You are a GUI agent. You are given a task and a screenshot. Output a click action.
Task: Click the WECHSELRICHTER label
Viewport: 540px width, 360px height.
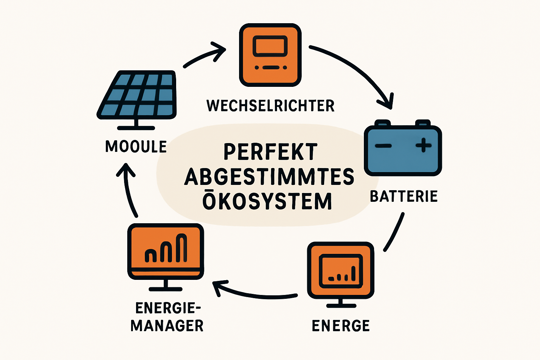(x=270, y=105)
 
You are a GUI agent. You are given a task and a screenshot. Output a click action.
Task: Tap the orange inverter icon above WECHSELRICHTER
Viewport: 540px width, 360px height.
(x=270, y=55)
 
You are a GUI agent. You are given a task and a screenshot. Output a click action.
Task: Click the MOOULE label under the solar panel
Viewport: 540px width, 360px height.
(x=136, y=147)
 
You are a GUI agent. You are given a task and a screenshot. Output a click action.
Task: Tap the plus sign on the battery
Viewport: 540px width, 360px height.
(x=423, y=145)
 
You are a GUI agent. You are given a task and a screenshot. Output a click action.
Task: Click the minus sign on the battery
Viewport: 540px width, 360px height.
(x=383, y=146)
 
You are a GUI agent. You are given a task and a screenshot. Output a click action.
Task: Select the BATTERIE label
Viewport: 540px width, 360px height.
(x=404, y=196)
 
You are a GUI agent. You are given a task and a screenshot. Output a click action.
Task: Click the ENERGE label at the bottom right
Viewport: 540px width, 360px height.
(x=341, y=326)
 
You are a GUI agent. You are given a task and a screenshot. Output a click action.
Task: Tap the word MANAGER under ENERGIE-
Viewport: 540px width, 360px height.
(x=167, y=326)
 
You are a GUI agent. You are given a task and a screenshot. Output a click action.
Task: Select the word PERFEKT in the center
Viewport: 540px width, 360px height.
(x=270, y=152)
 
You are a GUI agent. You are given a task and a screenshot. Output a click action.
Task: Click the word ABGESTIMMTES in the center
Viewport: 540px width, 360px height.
(x=269, y=176)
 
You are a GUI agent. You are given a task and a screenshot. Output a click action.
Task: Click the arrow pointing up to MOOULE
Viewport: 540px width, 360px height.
(x=128, y=190)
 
